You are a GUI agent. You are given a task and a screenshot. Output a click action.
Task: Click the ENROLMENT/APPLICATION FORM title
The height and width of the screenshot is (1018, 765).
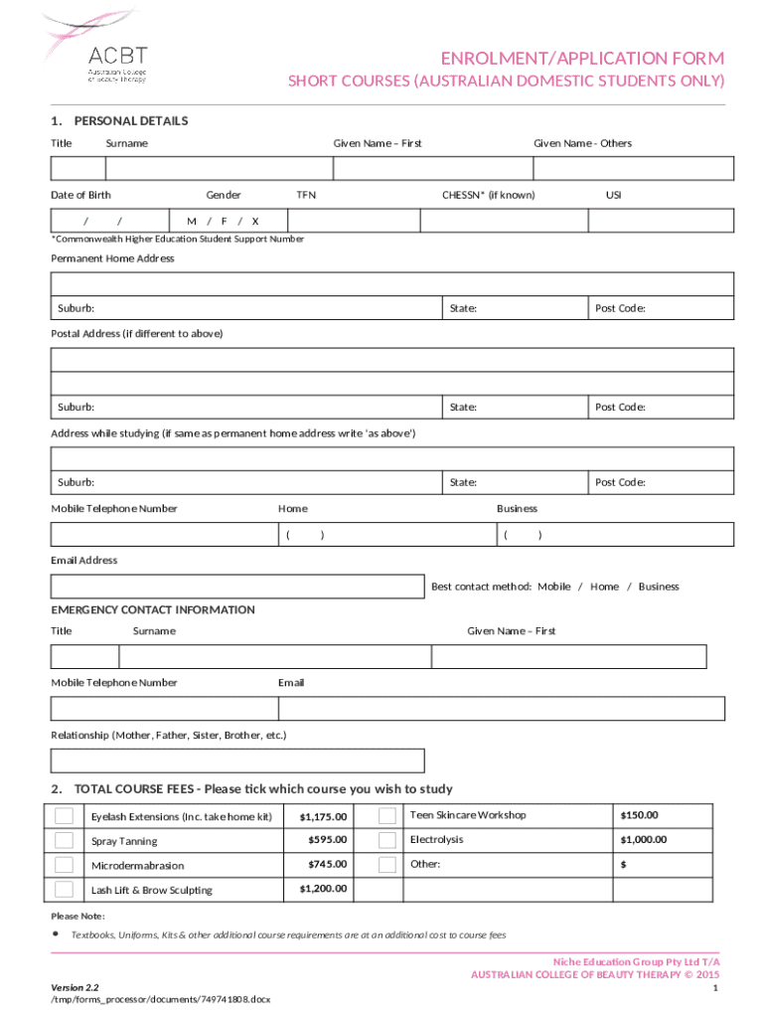click(x=583, y=58)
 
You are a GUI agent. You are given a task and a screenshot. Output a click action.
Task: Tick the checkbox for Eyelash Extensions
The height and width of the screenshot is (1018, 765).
click(x=64, y=816)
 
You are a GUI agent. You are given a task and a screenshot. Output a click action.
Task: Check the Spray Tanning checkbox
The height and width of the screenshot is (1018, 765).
click(x=64, y=840)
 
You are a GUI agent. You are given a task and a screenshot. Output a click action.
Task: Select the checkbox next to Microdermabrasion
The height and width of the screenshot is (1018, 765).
click(x=64, y=865)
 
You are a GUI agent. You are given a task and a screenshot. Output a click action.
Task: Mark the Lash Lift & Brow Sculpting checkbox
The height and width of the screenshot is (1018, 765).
click(x=64, y=889)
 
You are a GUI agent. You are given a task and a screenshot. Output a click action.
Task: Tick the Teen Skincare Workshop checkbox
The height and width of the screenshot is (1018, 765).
click(x=387, y=816)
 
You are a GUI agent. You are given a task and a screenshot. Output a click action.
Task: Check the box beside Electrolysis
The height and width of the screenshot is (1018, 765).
click(x=387, y=840)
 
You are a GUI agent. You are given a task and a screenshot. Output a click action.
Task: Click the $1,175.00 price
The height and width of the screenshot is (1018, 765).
click(x=323, y=817)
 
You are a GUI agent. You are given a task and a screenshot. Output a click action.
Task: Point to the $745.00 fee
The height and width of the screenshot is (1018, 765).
click(x=327, y=865)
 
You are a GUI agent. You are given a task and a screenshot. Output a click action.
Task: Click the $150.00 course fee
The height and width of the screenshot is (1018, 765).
click(x=639, y=815)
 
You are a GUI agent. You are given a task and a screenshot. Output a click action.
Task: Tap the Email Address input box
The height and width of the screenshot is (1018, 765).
click(x=237, y=587)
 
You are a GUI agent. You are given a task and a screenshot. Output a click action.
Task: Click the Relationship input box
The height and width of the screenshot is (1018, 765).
click(x=237, y=761)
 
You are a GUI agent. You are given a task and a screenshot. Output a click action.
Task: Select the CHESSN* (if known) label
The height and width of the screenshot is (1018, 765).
click(x=488, y=195)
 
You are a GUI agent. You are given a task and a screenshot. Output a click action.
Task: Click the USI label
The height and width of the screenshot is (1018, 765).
click(x=613, y=195)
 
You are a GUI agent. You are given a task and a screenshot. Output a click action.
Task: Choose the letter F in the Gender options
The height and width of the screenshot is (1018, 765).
click(x=224, y=221)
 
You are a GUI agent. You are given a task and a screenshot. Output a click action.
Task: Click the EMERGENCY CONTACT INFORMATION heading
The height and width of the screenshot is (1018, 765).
click(x=153, y=610)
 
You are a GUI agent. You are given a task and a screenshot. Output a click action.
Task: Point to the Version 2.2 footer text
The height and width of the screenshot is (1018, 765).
click(x=75, y=986)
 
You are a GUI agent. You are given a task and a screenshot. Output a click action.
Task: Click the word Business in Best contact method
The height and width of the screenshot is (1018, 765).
click(x=658, y=587)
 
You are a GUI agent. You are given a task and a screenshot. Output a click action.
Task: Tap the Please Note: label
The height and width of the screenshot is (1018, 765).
click(x=77, y=916)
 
